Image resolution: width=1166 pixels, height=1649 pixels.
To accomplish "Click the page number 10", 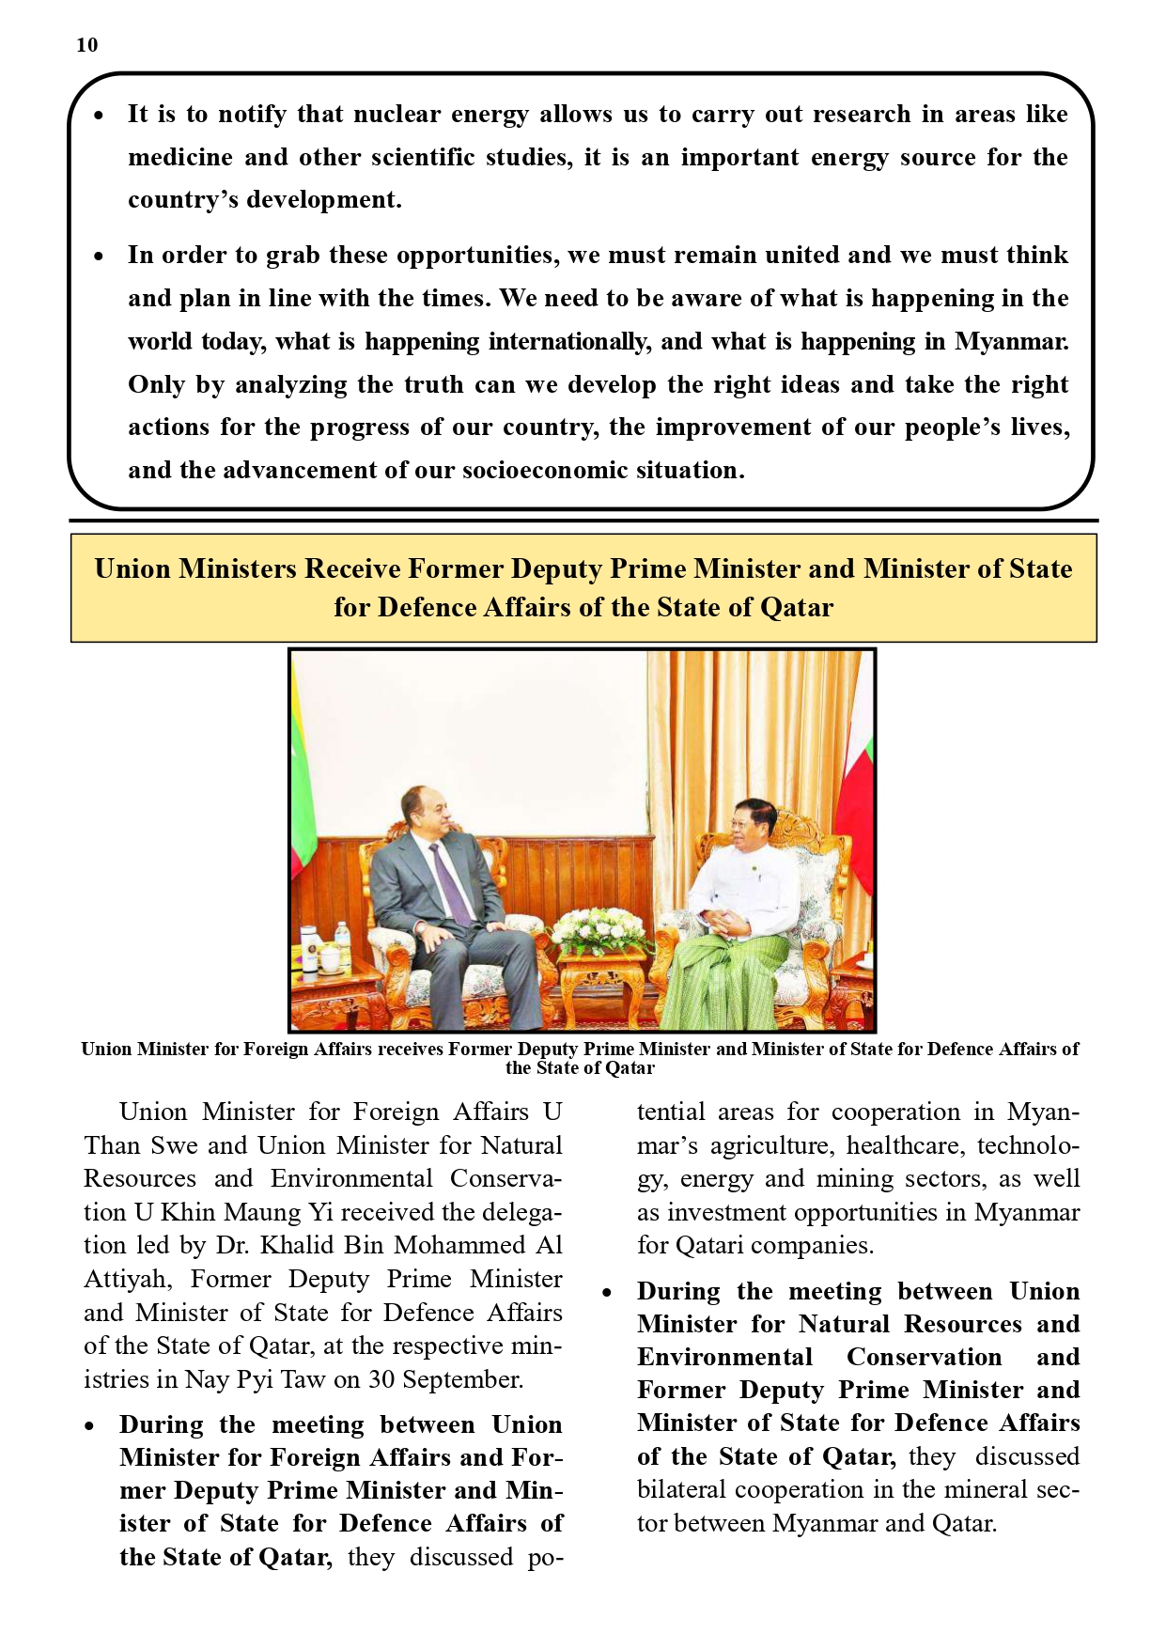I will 86,45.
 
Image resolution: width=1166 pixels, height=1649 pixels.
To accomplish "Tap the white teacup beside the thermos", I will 329,958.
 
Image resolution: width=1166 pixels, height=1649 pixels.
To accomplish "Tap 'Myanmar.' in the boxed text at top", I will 1011,341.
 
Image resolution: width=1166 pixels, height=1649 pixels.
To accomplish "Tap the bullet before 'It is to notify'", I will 99,116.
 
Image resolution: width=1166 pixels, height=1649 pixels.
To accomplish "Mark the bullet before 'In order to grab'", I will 99,257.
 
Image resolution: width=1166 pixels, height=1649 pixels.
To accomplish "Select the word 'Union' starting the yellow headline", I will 132,568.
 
